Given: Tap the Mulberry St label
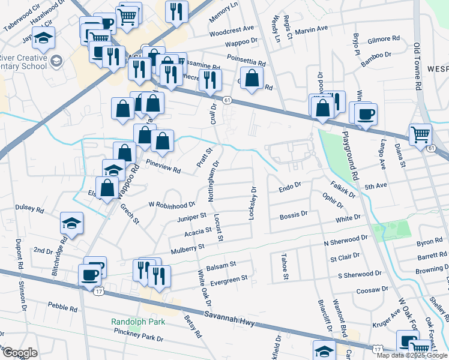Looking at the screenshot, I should tap(187, 247).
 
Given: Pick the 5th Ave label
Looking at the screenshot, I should tap(376, 186).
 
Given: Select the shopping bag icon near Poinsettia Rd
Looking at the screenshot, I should tap(253, 79).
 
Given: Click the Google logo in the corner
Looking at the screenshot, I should tap(19, 353).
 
